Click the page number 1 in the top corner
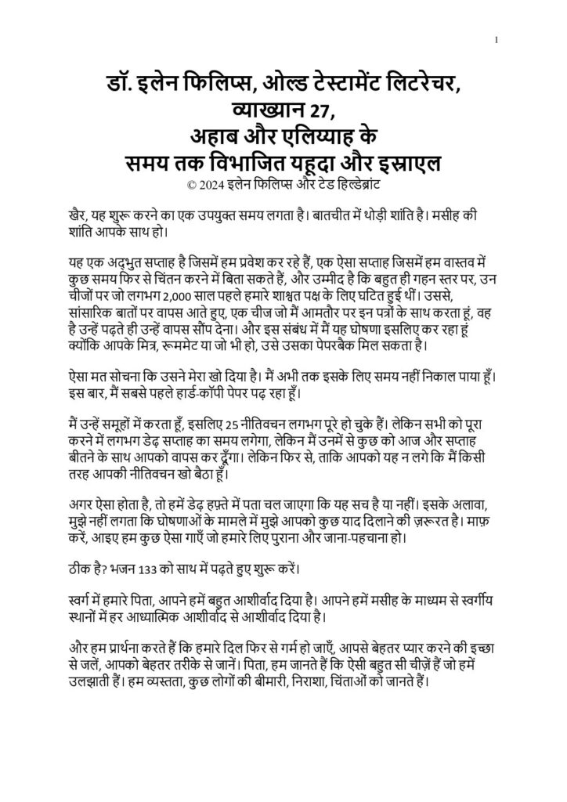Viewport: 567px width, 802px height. [x=497, y=40]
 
